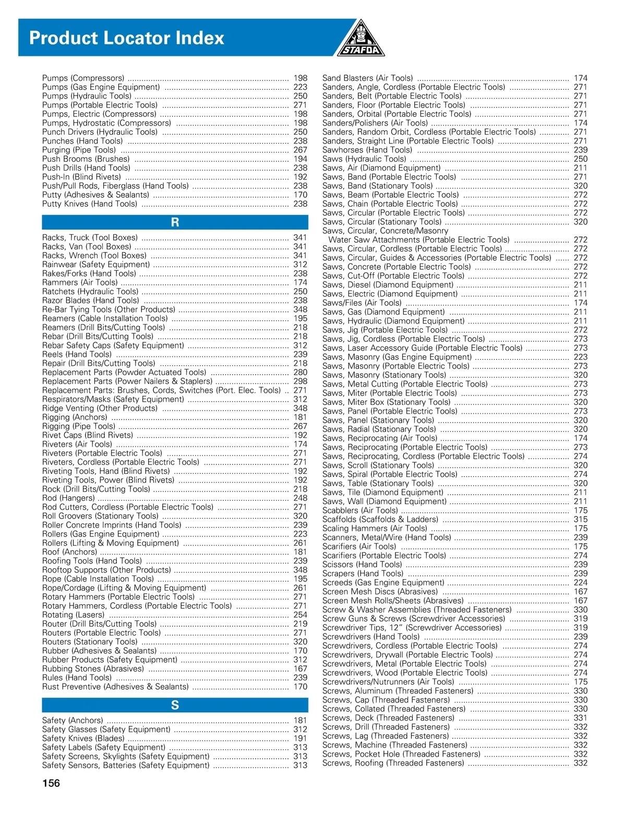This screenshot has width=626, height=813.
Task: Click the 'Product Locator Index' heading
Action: [127, 38]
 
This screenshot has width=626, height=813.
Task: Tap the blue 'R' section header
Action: [175, 222]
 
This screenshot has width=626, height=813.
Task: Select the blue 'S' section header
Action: [175, 706]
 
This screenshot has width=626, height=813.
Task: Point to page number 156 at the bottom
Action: [51, 783]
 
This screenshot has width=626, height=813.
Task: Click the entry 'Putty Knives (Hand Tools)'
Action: [90, 204]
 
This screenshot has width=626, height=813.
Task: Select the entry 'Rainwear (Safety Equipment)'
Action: [96, 265]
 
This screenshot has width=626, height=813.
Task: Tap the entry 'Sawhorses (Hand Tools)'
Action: [367, 150]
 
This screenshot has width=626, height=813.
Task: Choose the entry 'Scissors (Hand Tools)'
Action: [362, 565]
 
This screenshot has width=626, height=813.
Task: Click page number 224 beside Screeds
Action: [580, 582]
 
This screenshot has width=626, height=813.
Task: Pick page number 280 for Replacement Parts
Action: [300, 373]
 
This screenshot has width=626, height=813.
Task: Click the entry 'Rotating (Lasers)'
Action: [74, 615]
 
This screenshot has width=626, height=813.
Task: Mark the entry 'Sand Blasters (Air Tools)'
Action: [367, 78]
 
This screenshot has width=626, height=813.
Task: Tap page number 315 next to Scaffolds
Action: [580, 519]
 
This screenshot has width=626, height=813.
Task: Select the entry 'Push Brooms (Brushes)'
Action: [86, 159]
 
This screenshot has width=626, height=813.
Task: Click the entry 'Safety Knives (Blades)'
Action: [83, 738]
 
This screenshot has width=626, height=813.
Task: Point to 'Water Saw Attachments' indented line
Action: [419, 240]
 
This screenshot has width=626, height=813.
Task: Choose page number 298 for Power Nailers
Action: [300, 381]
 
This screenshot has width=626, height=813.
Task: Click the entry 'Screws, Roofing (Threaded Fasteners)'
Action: [393, 763]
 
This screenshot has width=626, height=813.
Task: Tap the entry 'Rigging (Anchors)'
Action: [75, 417]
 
